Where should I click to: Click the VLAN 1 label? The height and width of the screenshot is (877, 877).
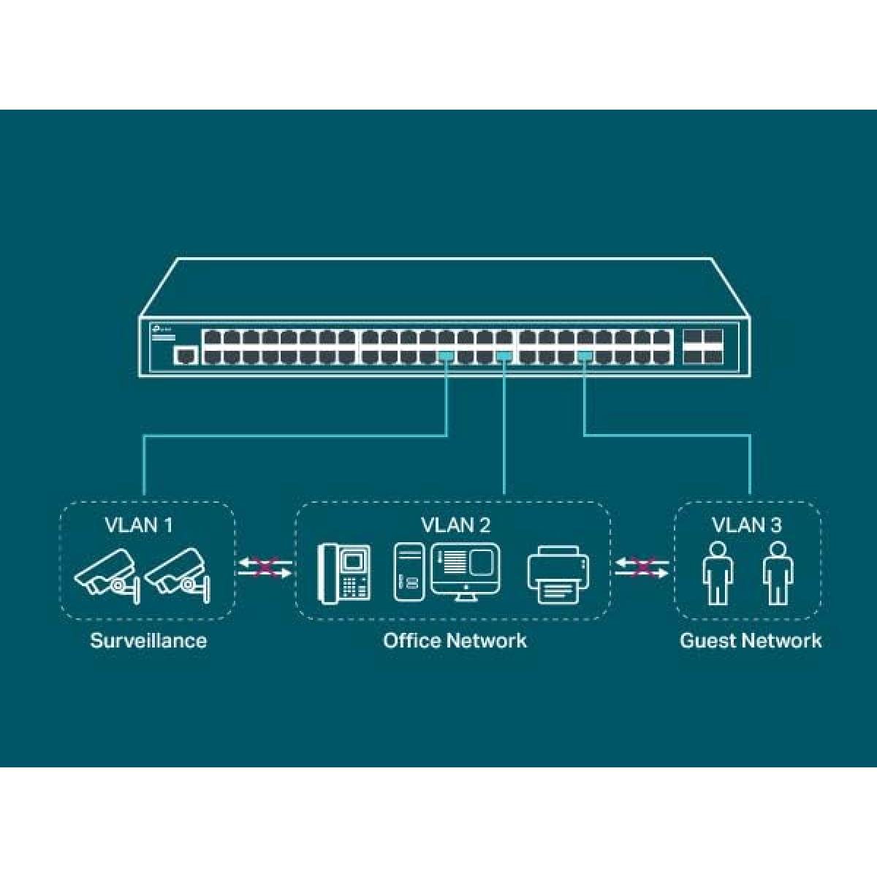coord(138,525)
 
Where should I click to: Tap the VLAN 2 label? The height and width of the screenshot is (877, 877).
coord(455,525)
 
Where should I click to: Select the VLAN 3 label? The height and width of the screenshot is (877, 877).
coord(746,525)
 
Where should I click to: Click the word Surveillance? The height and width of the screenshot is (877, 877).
coord(148,640)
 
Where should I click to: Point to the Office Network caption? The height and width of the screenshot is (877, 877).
coord(455,640)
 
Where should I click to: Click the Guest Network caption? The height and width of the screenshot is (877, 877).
coord(751,640)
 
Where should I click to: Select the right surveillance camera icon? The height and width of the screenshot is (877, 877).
coord(177,576)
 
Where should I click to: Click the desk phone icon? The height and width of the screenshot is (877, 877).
coord(344,574)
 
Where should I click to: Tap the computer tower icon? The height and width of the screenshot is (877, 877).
coord(409,572)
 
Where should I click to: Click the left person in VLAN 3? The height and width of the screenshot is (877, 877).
coord(718,573)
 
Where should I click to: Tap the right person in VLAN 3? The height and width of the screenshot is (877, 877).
coord(778,573)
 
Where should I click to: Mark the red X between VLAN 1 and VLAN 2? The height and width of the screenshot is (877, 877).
coord(265,568)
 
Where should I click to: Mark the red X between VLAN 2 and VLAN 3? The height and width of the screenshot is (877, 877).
coord(642,568)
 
